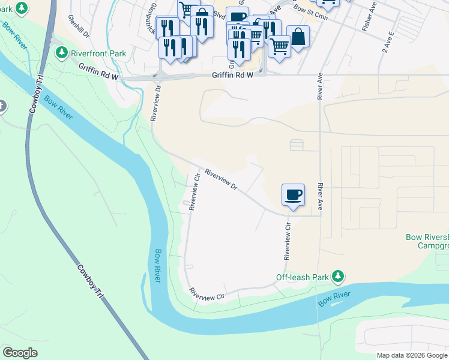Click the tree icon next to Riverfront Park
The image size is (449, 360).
click(61, 53)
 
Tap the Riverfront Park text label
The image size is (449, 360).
click(98, 53)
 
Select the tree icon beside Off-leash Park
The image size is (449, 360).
click(339, 276)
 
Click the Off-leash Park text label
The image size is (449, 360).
click(303, 277)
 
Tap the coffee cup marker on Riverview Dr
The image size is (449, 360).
click(293, 195)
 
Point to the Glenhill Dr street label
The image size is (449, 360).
click(79, 26)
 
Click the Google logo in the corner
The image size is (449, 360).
click(20, 352)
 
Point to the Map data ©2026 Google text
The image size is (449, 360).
click(412, 355)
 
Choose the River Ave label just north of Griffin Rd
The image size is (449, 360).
click(320, 87)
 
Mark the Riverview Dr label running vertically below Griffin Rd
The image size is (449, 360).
click(155, 103)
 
